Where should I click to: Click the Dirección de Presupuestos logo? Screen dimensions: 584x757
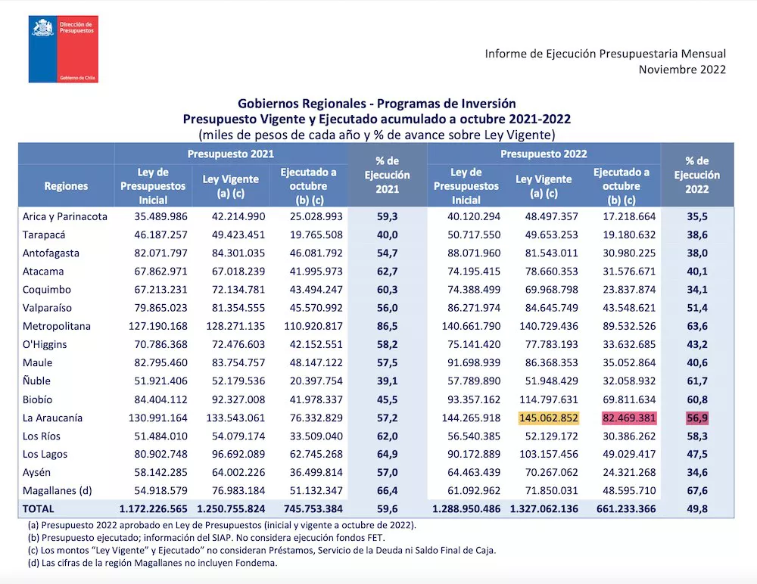click(x=64, y=48)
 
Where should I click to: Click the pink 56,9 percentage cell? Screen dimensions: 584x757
click(x=696, y=418)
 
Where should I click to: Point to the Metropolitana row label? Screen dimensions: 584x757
click(x=57, y=326)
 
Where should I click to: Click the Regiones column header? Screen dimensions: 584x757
click(x=66, y=185)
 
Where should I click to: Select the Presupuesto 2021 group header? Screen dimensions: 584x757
click(x=231, y=154)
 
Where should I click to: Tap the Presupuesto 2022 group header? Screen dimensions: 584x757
click(x=544, y=154)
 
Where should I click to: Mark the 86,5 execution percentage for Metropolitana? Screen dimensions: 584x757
click(x=387, y=326)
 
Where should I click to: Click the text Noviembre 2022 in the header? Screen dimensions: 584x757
click(x=682, y=70)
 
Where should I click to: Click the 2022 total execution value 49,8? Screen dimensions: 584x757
click(x=696, y=509)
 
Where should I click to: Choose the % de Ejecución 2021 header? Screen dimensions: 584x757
click(x=387, y=175)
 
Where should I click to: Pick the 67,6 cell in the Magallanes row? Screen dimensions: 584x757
click(x=696, y=491)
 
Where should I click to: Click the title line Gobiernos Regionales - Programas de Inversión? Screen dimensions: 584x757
click(x=376, y=103)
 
